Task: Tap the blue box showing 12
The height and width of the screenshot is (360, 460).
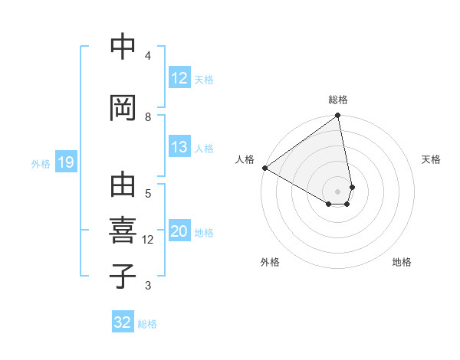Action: point(179,79)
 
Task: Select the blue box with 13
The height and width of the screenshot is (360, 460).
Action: point(179,148)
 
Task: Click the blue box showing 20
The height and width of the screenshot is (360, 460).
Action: point(179,232)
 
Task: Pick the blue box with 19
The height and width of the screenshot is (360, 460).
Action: point(65,162)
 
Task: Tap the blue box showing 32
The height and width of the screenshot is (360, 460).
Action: point(123,322)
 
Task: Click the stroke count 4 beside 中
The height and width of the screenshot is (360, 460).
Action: point(148,55)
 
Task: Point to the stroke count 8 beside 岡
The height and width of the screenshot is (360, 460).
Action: point(148,116)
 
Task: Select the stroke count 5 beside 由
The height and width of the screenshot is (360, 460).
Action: point(148,194)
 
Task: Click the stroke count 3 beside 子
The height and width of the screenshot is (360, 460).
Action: point(148,286)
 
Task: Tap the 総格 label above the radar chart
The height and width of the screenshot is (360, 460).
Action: point(338,100)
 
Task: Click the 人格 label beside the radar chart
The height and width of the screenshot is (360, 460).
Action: point(245,159)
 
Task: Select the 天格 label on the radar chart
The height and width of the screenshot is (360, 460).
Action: point(432,159)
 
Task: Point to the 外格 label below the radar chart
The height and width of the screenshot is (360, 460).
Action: point(269,262)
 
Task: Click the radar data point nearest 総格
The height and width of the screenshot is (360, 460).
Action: point(338,116)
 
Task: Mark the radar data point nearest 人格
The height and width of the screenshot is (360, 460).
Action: point(264,168)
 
